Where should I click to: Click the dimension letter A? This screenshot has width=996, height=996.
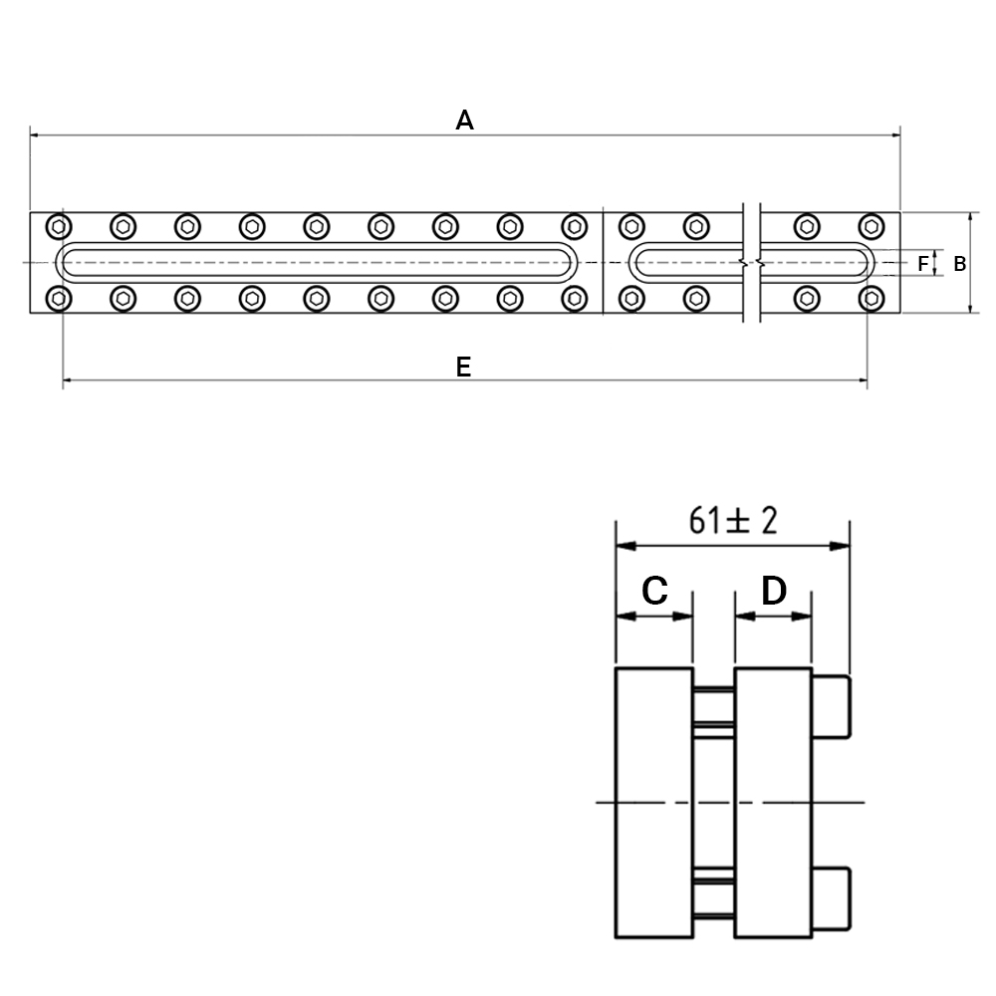click(x=464, y=121)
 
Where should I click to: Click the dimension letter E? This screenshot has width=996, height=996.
click(x=464, y=368)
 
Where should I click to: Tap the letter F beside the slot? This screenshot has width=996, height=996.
click(x=923, y=263)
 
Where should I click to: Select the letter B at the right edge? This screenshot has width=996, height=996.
click(x=960, y=264)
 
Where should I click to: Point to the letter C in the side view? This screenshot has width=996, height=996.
click(x=655, y=591)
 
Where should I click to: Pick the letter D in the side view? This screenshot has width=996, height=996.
click(x=774, y=591)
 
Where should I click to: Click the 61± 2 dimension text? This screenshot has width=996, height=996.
click(x=733, y=521)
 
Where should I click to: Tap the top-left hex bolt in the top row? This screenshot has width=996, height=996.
click(x=59, y=226)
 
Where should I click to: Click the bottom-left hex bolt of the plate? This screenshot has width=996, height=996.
click(x=59, y=299)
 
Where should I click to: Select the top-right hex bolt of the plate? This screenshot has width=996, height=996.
click(x=871, y=226)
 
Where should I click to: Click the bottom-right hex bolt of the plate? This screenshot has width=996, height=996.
click(x=871, y=299)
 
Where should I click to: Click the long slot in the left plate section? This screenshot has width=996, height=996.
click(x=317, y=244)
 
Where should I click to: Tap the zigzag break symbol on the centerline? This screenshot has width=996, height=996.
click(x=751, y=262)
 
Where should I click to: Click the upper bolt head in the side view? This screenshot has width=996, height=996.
click(x=831, y=707)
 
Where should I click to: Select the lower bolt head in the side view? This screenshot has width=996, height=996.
click(x=831, y=898)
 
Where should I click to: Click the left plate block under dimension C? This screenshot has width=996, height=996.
click(x=654, y=802)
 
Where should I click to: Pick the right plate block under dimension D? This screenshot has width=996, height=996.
click(x=773, y=802)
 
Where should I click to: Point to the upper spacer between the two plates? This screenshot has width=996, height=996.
click(x=714, y=707)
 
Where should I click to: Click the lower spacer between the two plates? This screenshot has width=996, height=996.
click(x=714, y=898)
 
